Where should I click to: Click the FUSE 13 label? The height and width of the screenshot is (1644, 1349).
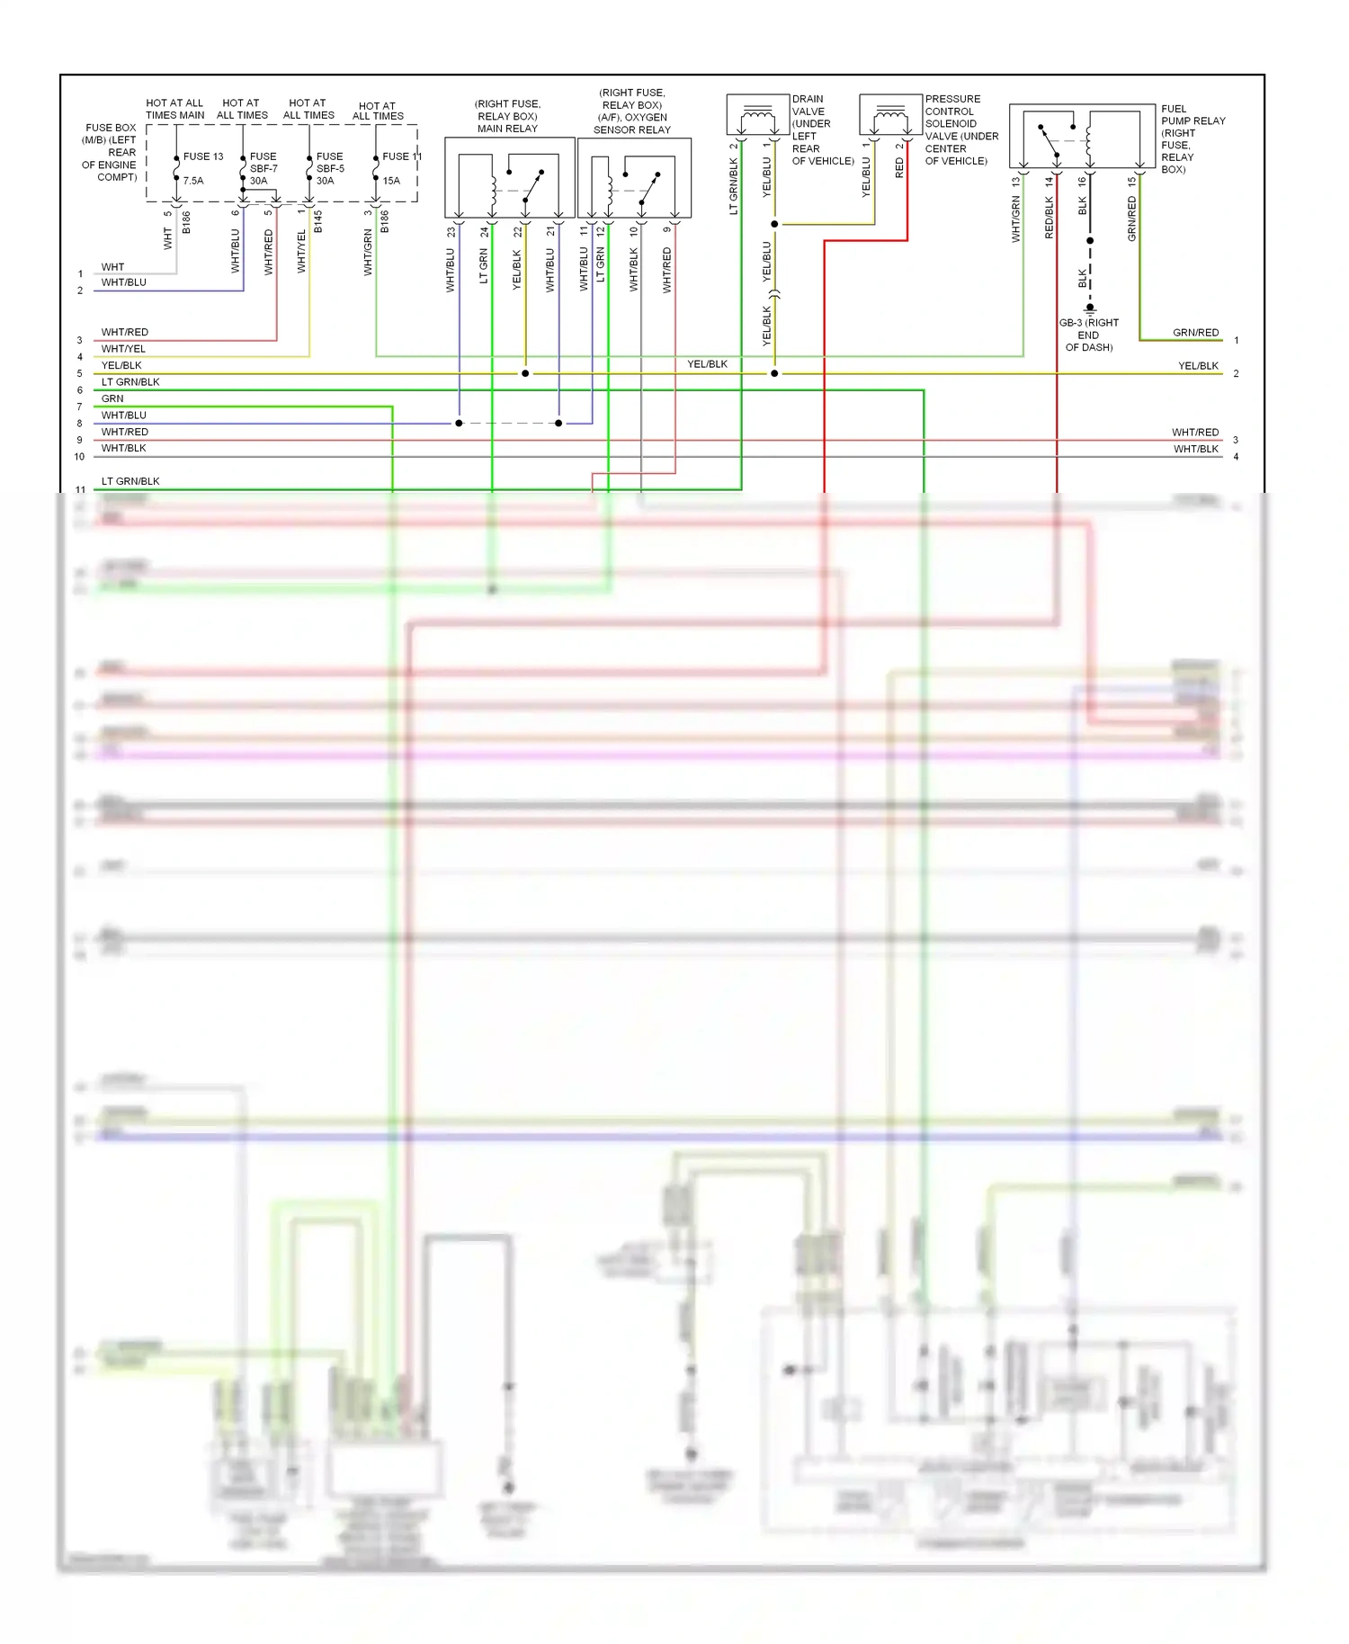[202, 156]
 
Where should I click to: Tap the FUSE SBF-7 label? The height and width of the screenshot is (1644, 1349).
[263, 168]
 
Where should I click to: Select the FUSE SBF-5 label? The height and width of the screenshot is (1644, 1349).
[329, 168]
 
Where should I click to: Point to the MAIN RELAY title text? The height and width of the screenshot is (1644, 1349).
[507, 116]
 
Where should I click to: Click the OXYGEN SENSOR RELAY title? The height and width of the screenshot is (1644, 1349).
[632, 112]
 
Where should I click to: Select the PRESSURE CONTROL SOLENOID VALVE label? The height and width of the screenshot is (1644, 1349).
[961, 130]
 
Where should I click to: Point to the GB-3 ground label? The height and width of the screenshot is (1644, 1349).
[1089, 335]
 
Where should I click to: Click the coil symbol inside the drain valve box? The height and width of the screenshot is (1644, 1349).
[757, 115]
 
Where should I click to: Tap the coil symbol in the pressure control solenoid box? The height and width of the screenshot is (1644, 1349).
[890, 115]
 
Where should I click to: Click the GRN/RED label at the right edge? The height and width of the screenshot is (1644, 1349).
[1195, 333]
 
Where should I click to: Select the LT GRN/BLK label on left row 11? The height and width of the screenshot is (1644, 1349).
[130, 481]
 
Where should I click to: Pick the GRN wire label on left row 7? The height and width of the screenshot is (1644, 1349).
[112, 398]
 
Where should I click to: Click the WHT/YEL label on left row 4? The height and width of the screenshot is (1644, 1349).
[123, 349]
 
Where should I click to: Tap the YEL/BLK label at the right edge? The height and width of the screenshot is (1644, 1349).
[1198, 366]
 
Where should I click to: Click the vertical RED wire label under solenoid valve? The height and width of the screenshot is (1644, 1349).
[899, 167]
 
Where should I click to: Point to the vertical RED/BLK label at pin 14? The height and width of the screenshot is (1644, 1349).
[1049, 219]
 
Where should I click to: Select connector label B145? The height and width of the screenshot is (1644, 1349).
[317, 222]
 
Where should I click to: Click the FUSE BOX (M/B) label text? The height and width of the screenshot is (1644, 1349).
[111, 152]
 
